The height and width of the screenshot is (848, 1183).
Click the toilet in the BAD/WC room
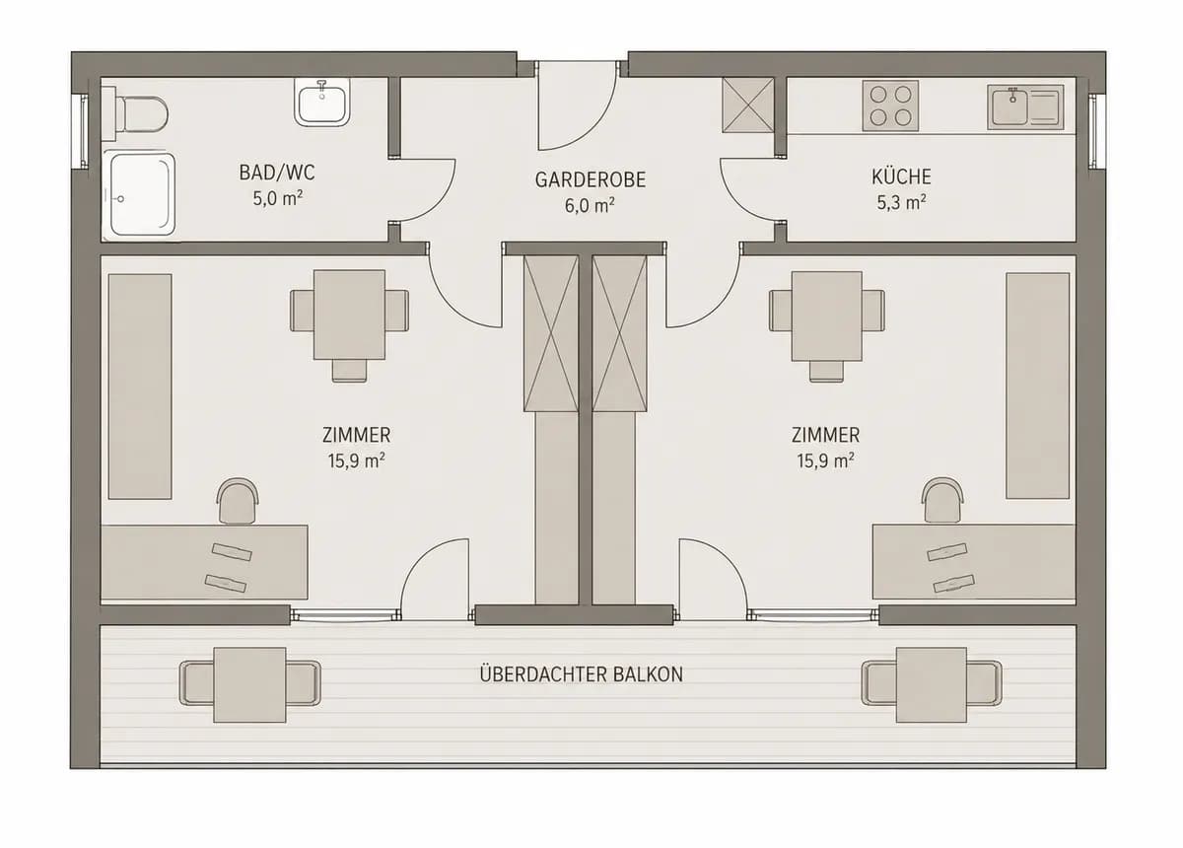pyautogui.click(x=136, y=114)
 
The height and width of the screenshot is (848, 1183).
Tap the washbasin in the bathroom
pyautogui.click(x=321, y=102)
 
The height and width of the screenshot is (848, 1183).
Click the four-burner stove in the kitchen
pyautogui.click(x=890, y=106)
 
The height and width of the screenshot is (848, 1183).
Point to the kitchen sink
pyautogui.click(x=1025, y=107)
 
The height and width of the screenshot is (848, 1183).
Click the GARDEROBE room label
pyautogui.click(x=590, y=180)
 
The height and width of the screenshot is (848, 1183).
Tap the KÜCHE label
pyautogui.click(x=901, y=177)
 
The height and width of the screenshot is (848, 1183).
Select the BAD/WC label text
pyautogui.click(x=277, y=173)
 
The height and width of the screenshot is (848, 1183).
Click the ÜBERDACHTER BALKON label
pyautogui.click(x=581, y=674)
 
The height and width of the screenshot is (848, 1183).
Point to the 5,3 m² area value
pyautogui.click(x=901, y=202)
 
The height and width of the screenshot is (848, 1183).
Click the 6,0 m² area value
pyautogui.click(x=590, y=205)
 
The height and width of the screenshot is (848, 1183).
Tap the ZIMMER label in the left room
pyautogui.click(x=357, y=436)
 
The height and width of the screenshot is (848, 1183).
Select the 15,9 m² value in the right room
pyautogui.click(x=825, y=460)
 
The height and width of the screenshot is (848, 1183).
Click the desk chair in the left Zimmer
pyautogui.click(x=238, y=501)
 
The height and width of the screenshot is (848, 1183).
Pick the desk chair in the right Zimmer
pyautogui.click(x=942, y=501)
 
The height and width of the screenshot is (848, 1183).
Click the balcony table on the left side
pyautogui.click(x=249, y=685)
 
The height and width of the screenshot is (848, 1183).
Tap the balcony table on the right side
pyautogui.click(x=932, y=685)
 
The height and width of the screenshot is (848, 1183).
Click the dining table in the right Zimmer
pyautogui.click(x=826, y=317)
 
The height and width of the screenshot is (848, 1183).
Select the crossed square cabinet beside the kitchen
pyautogui.click(x=748, y=106)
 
